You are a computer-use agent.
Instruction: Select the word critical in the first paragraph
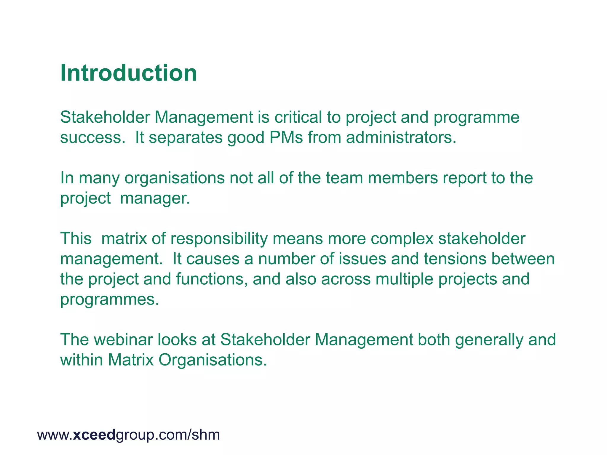click(298, 117)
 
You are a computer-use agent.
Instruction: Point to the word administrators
click(401, 137)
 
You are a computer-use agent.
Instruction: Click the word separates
click(186, 137)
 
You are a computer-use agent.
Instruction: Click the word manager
click(155, 198)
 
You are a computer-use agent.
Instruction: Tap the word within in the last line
click(81, 360)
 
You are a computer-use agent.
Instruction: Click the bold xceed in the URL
click(94, 435)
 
